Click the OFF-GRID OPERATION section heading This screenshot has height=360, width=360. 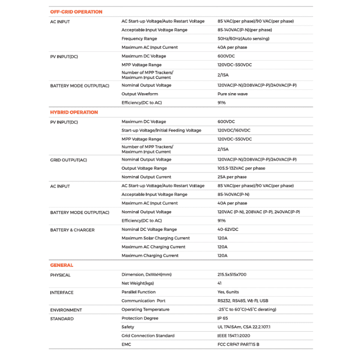[x=76, y=12]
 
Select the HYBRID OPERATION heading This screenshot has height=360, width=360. [x=74, y=112]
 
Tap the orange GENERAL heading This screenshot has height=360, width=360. [x=62, y=265]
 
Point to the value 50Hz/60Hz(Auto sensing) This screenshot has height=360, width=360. [x=243, y=39]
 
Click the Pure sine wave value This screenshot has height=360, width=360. [x=232, y=94]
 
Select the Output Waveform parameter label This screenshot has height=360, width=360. [x=139, y=94]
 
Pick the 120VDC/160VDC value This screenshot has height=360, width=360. [x=234, y=130]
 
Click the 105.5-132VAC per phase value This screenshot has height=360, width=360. [x=241, y=168]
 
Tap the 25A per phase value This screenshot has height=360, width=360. [x=232, y=177]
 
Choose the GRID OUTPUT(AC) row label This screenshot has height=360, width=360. [x=68, y=160]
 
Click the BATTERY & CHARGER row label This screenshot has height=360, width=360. [x=72, y=230]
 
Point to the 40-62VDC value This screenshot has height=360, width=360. [x=228, y=229]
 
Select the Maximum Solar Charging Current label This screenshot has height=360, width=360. [x=156, y=238]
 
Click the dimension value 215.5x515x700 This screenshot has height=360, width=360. [x=232, y=274]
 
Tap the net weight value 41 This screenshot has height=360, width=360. [x=220, y=283]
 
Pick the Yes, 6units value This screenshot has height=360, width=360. [x=228, y=292]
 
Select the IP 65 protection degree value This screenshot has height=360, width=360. [x=223, y=318]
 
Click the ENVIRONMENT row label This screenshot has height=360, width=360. [x=66, y=310]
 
